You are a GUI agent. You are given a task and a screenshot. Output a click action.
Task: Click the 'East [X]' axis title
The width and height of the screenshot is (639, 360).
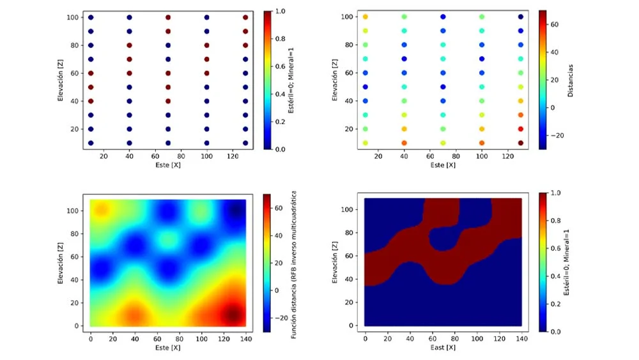click(x=442, y=347)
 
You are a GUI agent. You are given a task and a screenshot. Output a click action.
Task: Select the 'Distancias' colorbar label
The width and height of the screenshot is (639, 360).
click(x=569, y=80)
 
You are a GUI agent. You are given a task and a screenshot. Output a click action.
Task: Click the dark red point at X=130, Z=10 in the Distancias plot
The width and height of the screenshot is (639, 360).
click(x=520, y=143)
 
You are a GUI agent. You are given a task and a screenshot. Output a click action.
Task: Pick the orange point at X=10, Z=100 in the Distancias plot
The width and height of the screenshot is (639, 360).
click(x=366, y=17)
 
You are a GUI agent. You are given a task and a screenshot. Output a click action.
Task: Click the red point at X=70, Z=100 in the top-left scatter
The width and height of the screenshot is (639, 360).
click(x=168, y=18)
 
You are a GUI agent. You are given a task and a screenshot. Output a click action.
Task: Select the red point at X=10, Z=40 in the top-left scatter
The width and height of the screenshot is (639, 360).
click(x=91, y=101)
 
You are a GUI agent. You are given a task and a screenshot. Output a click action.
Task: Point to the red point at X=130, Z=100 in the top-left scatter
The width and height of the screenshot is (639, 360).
click(x=245, y=18)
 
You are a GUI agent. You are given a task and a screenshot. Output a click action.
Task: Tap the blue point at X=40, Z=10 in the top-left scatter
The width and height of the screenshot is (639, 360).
click(x=130, y=143)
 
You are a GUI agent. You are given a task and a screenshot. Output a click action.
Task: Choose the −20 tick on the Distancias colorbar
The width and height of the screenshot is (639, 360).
click(x=557, y=135)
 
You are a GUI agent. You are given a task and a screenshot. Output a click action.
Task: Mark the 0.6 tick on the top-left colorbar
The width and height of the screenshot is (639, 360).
click(x=279, y=66)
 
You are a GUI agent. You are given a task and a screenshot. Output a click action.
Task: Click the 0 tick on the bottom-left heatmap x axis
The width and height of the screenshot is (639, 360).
click(x=91, y=336)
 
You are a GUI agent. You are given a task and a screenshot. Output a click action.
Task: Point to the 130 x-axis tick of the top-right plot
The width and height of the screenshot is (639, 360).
click(x=520, y=155)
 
